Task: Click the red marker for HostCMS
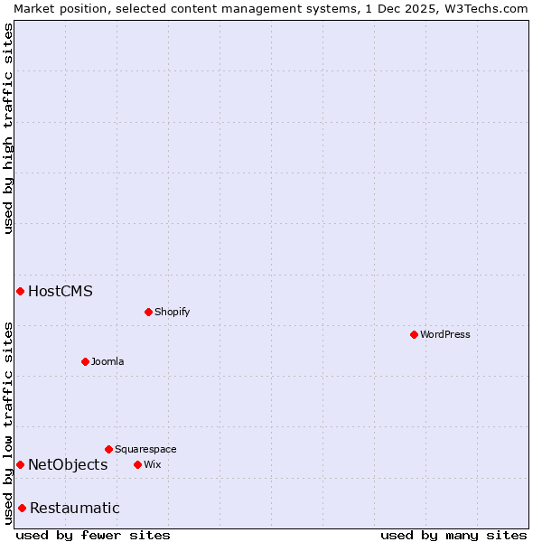(20, 291)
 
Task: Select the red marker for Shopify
(148, 312)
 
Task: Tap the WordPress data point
(414, 334)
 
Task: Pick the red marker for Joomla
(85, 361)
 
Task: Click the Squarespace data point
(108, 449)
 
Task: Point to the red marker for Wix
(137, 464)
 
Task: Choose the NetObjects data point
(20, 464)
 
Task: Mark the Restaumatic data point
(22, 508)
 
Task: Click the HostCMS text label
(61, 291)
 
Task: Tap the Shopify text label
(172, 312)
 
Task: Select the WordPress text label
(445, 334)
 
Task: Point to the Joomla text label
(107, 361)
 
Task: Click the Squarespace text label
(145, 449)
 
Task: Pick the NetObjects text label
(68, 464)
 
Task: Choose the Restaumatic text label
(75, 508)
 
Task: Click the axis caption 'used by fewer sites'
(93, 535)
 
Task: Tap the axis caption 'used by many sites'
(453, 535)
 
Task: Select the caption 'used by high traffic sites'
(8, 128)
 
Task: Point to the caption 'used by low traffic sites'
(8, 422)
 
